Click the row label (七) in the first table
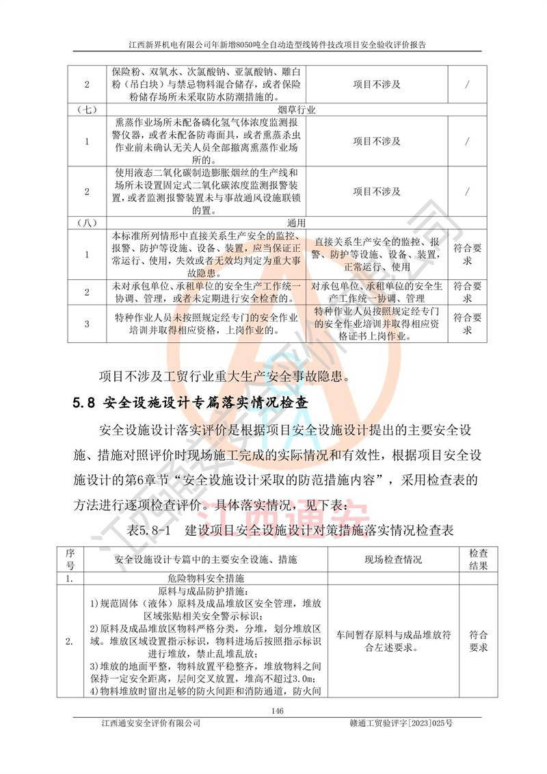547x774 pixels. (x=87, y=108)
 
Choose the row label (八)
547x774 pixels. (x=87, y=222)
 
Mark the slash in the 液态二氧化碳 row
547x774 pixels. (x=466, y=191)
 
